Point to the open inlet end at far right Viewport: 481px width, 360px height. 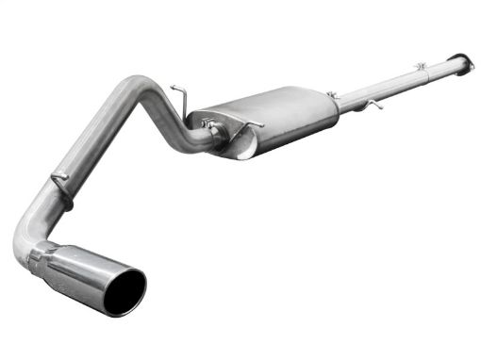point(465,60)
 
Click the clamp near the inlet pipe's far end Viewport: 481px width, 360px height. point(422,67)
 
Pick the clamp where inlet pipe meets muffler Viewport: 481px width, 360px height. point(333,96)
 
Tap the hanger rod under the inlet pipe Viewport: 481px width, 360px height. point(375,103)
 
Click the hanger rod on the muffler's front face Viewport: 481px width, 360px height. point(249,123)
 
